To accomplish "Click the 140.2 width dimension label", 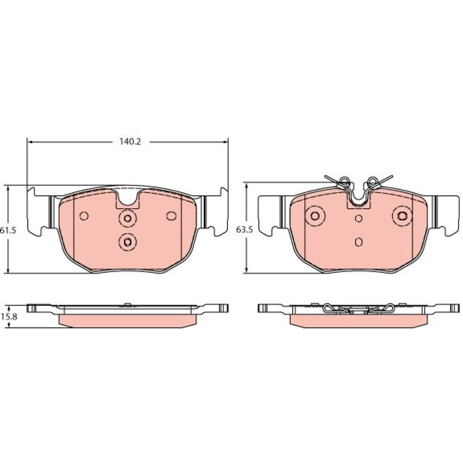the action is (x=130, y=142).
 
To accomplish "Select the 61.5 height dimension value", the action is (x=8, y=230).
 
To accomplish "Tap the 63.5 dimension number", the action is (x=244, y=230).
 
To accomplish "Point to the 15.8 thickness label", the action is (x=8, y=317).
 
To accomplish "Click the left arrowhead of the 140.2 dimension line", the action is (x=29, y=142).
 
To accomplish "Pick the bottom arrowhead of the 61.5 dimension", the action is (x=8, y=270).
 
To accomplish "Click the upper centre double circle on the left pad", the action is (x=128, y=219).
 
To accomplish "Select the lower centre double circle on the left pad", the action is (x=128, y=242).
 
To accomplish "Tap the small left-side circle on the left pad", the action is (x=84, y=216).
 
